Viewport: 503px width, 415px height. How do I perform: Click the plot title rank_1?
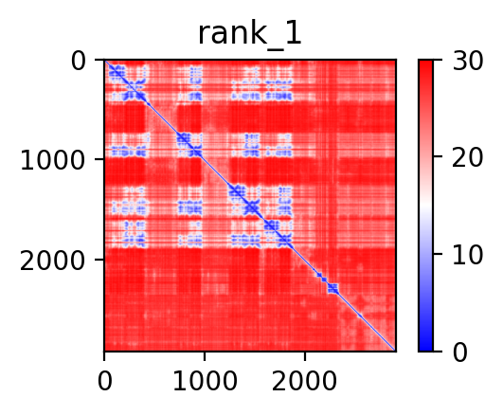click(x=250, y=34)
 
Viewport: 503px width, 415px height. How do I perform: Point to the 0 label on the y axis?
click(x=79, y=62)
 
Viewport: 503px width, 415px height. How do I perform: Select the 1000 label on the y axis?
click(x=53, y=160)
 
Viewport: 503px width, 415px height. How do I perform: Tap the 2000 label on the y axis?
click(x=53, y=261)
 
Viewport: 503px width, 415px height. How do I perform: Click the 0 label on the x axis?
click(x=105, y=381)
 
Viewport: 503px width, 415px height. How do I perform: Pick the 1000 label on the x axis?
click(x=205, y=381)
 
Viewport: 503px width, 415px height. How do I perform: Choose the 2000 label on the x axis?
click(x=304, y=381)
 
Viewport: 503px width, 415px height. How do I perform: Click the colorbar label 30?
click(x=468, y=61)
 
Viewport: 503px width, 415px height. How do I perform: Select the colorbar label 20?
click(x=468, y=157)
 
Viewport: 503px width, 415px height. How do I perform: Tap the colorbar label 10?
click(x=468, y=255)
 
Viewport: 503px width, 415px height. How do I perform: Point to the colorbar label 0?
click(x=460, y=352)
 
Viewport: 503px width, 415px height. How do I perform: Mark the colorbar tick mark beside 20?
click(x=438, y=156)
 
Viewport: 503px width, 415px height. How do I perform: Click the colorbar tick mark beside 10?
click(x=438, y=254)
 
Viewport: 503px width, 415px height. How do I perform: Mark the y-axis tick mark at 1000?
click(x=99, y=159)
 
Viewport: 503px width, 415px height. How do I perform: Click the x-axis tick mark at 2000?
click(x=305, y=356)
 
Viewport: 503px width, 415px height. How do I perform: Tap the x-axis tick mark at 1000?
click(x=205, y=356)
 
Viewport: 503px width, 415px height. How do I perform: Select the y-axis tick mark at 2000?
click(x=99, y=260)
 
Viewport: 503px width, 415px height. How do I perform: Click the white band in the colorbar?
click(x=425, y=206)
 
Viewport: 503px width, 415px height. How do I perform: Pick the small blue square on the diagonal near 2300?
click(x=333, y=289)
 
